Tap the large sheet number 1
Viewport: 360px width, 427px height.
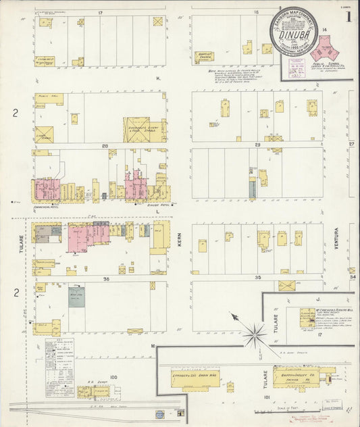pyautogui.click(x=348, y=18)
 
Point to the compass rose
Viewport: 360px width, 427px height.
pyautogui.click(x=255, y=330)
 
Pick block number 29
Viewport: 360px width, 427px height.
pyautogui.click(x=257, y=145)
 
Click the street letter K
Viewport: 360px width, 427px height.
pyautogui.click(x=157, y=78)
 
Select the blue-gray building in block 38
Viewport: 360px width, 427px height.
pyautogui.click(x=76, y=296)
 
